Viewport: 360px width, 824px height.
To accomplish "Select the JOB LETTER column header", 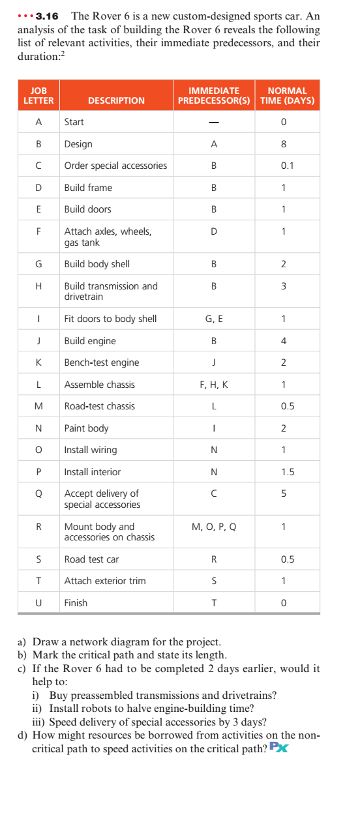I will (x=38, y=95).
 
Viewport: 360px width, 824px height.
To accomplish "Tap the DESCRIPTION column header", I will (x=116, y=100).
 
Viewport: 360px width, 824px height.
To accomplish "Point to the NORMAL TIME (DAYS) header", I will (x=287, y=95).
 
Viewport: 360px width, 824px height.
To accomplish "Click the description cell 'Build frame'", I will (x=88, y=188).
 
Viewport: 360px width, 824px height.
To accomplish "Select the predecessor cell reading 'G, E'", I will (x=214, y=319).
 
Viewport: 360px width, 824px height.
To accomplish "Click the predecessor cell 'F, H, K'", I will (x=214, y=385).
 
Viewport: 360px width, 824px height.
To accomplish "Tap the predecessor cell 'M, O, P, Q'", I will (x=214, y=527).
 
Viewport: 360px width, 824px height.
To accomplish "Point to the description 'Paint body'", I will (x=86, y=428).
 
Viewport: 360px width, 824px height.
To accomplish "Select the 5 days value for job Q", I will (x=284, y=493).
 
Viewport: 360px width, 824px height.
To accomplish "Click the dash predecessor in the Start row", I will (x=214, y=122).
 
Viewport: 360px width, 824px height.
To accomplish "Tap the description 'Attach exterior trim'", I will (x=105, y=581).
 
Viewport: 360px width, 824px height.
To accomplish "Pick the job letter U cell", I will (x=38, y=603).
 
